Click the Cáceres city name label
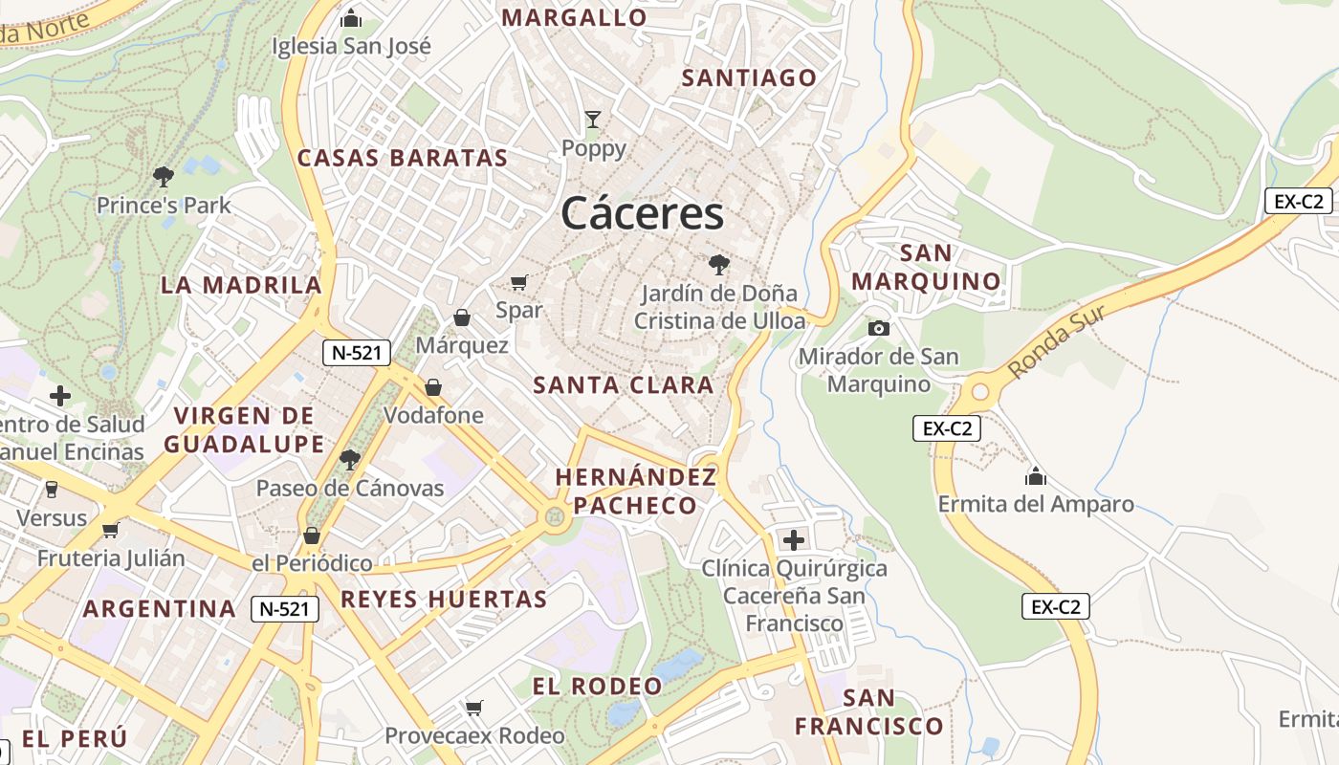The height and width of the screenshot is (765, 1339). pos(643,213)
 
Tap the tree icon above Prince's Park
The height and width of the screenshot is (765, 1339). pos(164,176)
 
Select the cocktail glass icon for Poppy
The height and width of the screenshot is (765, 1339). pos(594,120)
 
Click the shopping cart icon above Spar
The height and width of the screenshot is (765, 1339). pos(519,282)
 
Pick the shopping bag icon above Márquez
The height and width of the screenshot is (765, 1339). pos(462,317)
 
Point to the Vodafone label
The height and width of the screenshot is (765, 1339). pos(433,416)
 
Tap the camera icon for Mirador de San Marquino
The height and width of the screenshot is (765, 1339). pos(878,329)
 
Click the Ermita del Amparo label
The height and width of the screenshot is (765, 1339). pos(1036,504)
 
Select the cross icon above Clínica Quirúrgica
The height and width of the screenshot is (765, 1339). pos(793,540)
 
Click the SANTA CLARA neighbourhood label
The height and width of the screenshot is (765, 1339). pos(624,385)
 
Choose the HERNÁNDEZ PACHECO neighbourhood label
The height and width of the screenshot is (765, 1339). pos(635,492)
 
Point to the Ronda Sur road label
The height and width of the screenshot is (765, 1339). pos(1058,341)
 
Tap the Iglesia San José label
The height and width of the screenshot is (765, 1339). pos(351,46)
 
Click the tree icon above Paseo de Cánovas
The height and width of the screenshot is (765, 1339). pos(349,460)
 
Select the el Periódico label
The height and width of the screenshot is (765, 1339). pos(312,563)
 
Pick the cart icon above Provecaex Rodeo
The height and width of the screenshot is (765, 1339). pos(474,708)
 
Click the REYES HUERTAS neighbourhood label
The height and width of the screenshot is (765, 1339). pos(444,600)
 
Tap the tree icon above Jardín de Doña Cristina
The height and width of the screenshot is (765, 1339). pos(718,265)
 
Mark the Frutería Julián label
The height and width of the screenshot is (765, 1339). pos(111,557)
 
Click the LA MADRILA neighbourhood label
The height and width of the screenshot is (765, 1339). pos(241,285)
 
